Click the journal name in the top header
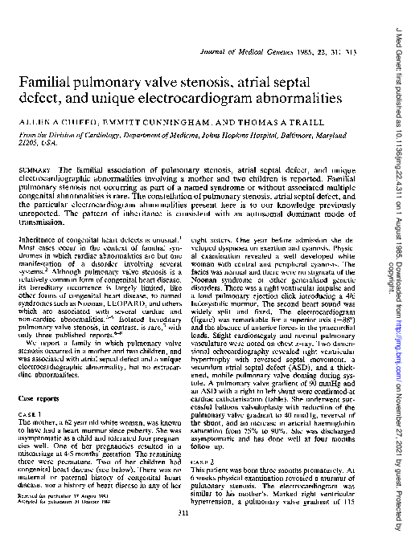[x=250, y=53]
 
